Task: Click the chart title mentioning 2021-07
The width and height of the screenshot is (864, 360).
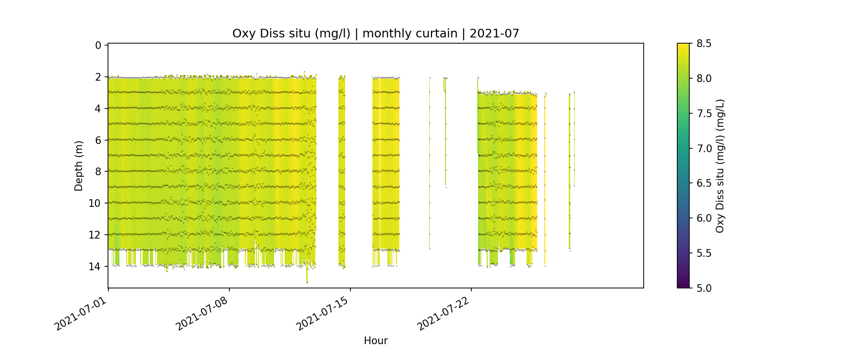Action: point(375,34)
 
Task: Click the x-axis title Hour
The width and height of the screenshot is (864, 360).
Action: point(375,341)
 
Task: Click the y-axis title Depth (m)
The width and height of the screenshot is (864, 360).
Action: point(79,166)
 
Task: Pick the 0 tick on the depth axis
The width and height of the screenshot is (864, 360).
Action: point(98,46)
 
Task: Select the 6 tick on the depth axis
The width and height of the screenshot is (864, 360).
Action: point(98,140)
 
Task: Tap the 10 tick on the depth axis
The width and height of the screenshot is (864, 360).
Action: point(95,204)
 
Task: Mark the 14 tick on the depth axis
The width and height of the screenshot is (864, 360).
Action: point(95,266)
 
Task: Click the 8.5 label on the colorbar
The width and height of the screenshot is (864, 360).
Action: point(704,44)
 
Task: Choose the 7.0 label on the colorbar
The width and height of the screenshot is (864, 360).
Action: point(704,148)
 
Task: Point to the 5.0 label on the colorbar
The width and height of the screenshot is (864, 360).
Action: point(704,288)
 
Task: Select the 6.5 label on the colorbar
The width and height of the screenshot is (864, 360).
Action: point(704,183)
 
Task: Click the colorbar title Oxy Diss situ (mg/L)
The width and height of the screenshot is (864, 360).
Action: point(720,166)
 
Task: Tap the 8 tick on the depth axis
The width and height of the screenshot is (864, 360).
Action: point(98,172)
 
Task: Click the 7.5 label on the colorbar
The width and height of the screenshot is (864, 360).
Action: point(704,113)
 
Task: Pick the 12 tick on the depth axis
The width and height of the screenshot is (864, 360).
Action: point(95,235)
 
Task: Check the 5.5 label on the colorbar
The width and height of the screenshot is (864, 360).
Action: point(704,253)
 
